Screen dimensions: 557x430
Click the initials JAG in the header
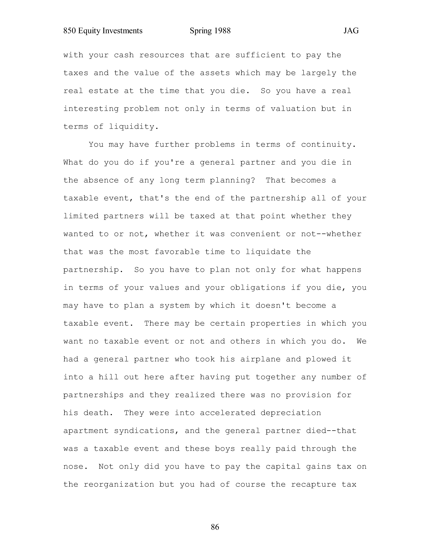(351, 31)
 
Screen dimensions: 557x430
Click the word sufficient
(260, 55)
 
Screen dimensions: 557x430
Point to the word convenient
(255, 234)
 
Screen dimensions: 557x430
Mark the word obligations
(258, 288)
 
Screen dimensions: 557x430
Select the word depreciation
(291, 413)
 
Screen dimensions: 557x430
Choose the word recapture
(314, 485)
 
